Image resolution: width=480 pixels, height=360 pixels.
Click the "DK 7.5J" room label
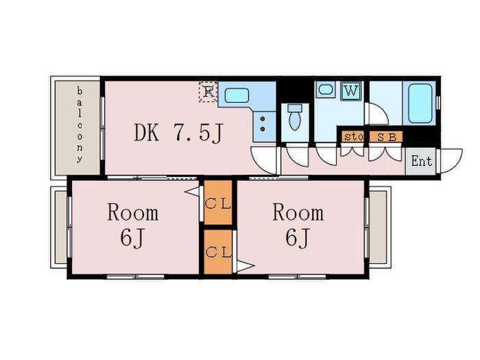[178, 133]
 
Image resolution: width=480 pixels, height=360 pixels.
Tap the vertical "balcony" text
[80, 125]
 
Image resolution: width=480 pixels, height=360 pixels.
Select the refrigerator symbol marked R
[208, 91]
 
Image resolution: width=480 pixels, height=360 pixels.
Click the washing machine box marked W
[351, 91]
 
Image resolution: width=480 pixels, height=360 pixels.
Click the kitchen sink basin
[237, 95]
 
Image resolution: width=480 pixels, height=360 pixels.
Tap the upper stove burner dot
[263, 119]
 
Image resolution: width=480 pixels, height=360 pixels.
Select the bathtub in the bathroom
[420, 103]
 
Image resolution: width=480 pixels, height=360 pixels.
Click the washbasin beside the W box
[326, 90]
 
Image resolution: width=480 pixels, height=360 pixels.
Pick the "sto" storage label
[354, 137]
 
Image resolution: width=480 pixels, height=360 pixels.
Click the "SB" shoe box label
[386, 137]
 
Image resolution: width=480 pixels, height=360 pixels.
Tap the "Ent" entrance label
[422, 161]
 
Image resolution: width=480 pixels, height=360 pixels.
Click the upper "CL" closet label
[217, 203]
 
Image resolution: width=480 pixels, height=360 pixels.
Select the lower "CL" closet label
[217, 252]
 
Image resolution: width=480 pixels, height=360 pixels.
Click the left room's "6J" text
[132, 237]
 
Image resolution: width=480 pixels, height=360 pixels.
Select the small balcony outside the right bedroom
[379, 227]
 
